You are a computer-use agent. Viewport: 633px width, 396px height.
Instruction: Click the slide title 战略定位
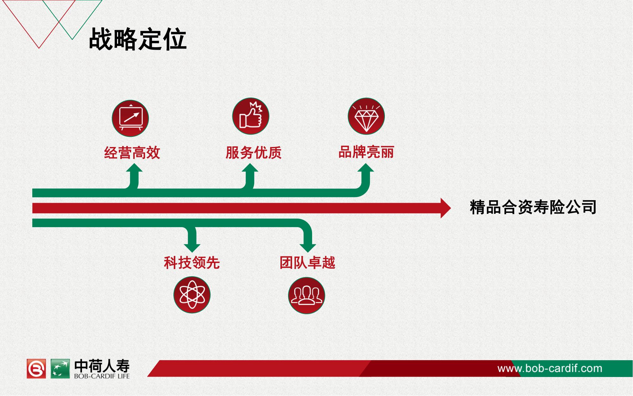138,39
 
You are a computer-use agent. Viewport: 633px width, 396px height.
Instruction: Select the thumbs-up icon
251,116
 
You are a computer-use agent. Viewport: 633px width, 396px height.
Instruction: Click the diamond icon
366,116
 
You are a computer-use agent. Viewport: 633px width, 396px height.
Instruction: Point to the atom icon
192,295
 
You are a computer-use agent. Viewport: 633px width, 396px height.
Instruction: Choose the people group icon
306,295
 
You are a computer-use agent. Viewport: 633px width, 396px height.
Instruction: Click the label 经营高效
132,153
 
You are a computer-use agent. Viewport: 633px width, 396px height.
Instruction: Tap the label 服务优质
254,152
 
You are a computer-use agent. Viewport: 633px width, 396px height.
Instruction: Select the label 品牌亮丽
366,152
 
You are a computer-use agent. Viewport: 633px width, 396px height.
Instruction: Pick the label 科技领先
192,263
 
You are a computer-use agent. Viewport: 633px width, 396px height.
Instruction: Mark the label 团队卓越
307,263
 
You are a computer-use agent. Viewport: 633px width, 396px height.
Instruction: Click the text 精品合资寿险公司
533,208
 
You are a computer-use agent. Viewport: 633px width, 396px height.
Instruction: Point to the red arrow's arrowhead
446,208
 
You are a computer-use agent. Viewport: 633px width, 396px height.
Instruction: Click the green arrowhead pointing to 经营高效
134,168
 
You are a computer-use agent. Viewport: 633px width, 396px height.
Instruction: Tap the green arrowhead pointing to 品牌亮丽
366,168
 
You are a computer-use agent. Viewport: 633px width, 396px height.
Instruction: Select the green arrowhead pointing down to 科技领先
192,248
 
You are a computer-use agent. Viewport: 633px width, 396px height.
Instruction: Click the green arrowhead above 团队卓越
308,248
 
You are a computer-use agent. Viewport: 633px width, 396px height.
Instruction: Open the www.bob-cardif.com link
550,368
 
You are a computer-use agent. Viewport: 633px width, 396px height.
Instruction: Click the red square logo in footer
36,369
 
